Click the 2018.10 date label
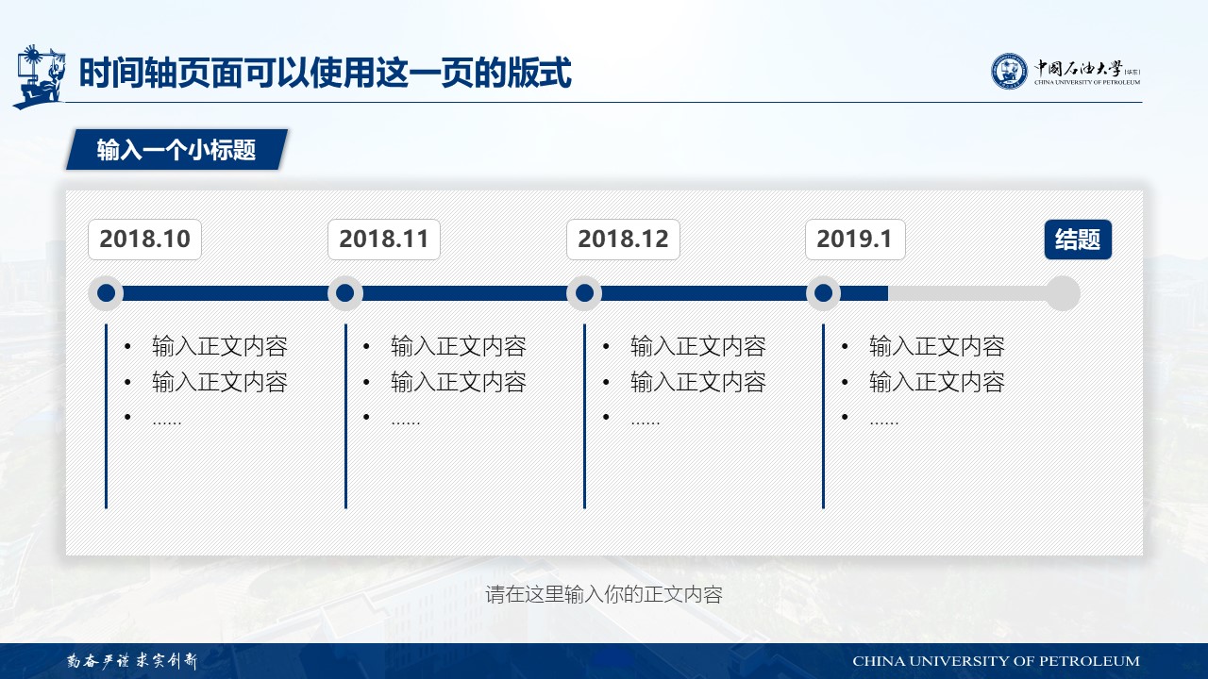tap(144, 240)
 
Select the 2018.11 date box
tap(384, 240)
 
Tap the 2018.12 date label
tap(623, 240)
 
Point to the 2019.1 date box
tap(855, 240)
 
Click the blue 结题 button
tap(1078, 240)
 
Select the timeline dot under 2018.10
tap(107, 293)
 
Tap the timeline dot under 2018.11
tap(345, 293)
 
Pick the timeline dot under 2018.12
tap(584, 293)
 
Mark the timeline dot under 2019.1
tap(824, 293)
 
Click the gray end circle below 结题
tap(1063, 293)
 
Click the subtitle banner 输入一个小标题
tap(176, 150)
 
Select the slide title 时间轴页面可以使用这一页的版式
tap(326, 73)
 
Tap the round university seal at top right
tap(1009, 71)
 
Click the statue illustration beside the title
tap(39, 76)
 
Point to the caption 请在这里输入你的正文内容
tap(604, 594)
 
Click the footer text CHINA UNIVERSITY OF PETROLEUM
tap(996, 661)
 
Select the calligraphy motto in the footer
tap(132, 661)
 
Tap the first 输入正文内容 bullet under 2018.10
tap(220, 346)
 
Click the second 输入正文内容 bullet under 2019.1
tap(937, 382)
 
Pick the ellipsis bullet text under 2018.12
tap(645, 422)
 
